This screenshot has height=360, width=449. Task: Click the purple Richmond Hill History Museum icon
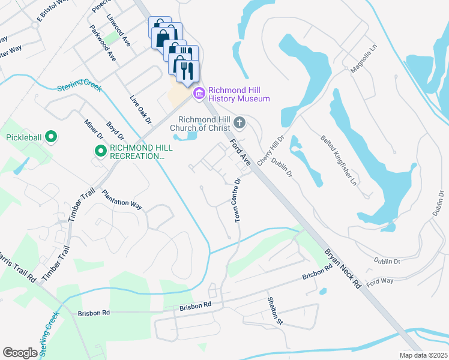(x=199, y=94)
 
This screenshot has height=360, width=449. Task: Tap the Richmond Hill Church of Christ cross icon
(x=240, y=124)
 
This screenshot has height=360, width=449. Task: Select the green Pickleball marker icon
(x=51, y=137)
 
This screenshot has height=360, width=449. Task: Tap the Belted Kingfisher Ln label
(x=340, y=159)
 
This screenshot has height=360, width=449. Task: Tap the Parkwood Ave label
(x=103, y=43)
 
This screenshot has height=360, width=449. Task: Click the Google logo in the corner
(x=20, y=352)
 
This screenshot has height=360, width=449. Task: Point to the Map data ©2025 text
(x=423, y=355)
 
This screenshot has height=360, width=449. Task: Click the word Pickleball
(x=24, y=137)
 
